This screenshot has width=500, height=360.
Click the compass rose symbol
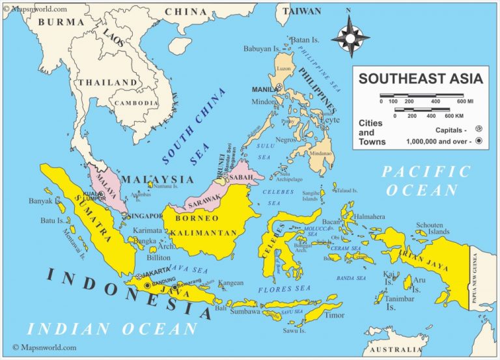pyautogui.click(x=350, y=37)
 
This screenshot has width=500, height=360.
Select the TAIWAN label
pyautogui.click(x=301, y=12)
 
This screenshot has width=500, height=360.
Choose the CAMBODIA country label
pyautogui.click(x=136, y=103)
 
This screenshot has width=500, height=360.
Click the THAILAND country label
pyautogui.click(x=107, y=83)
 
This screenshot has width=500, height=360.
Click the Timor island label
pyautogui.click(x=335, y=316)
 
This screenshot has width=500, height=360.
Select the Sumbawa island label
pyautogui.click(x=244, y=312)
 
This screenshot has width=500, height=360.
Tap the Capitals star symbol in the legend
pyautogui.click(x=479, y=129)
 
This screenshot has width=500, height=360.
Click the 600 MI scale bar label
pyautogui.click(x=464, y=102)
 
